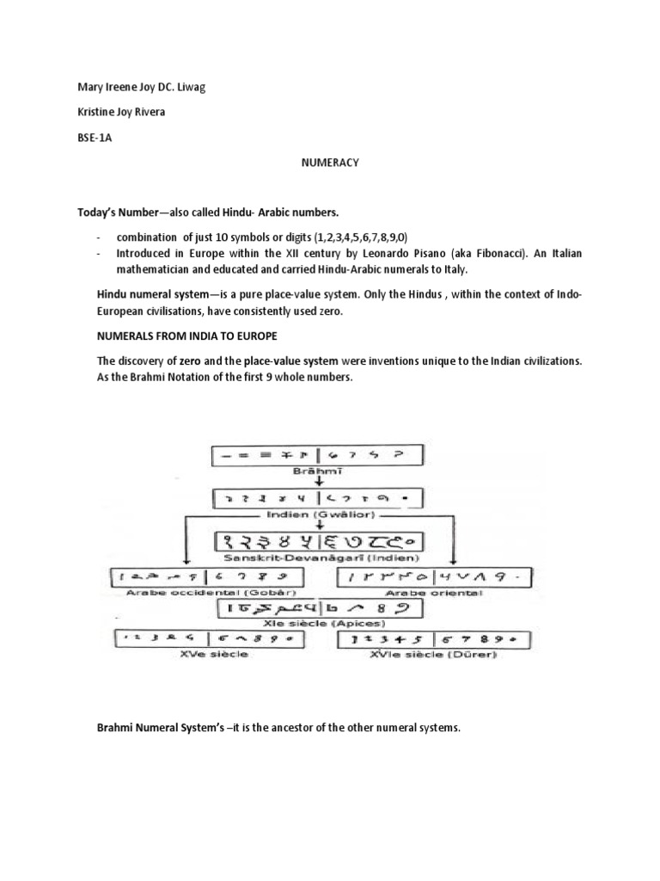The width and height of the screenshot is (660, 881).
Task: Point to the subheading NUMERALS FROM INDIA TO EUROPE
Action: (x=189, y=334)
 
